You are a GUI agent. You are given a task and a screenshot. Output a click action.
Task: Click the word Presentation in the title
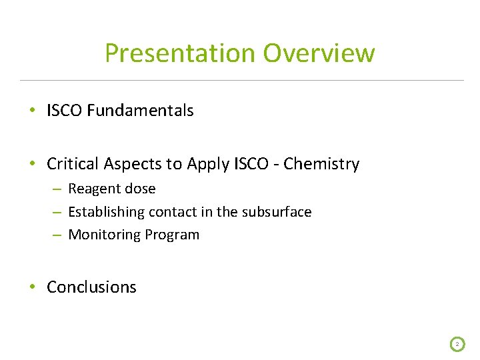tap(180, 53)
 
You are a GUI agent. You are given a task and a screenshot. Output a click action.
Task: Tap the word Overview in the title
tap(319, 53)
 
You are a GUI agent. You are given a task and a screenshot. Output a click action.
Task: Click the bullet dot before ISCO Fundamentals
tap(33, 111)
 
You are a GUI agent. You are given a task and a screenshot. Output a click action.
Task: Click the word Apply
tap(202, 163)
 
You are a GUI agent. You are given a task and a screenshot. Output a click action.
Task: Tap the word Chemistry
tap(321, 163)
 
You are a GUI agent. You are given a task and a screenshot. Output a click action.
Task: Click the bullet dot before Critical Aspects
tap(33, 164)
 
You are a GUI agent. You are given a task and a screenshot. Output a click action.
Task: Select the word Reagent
tap(93, 189)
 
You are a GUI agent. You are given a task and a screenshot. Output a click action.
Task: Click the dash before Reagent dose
tap(58, 189)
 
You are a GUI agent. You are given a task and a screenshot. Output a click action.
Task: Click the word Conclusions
tap(91, 287)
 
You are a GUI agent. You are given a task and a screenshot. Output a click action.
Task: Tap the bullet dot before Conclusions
tap(33, 287)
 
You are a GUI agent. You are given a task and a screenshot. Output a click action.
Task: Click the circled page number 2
tap(457, 344)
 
